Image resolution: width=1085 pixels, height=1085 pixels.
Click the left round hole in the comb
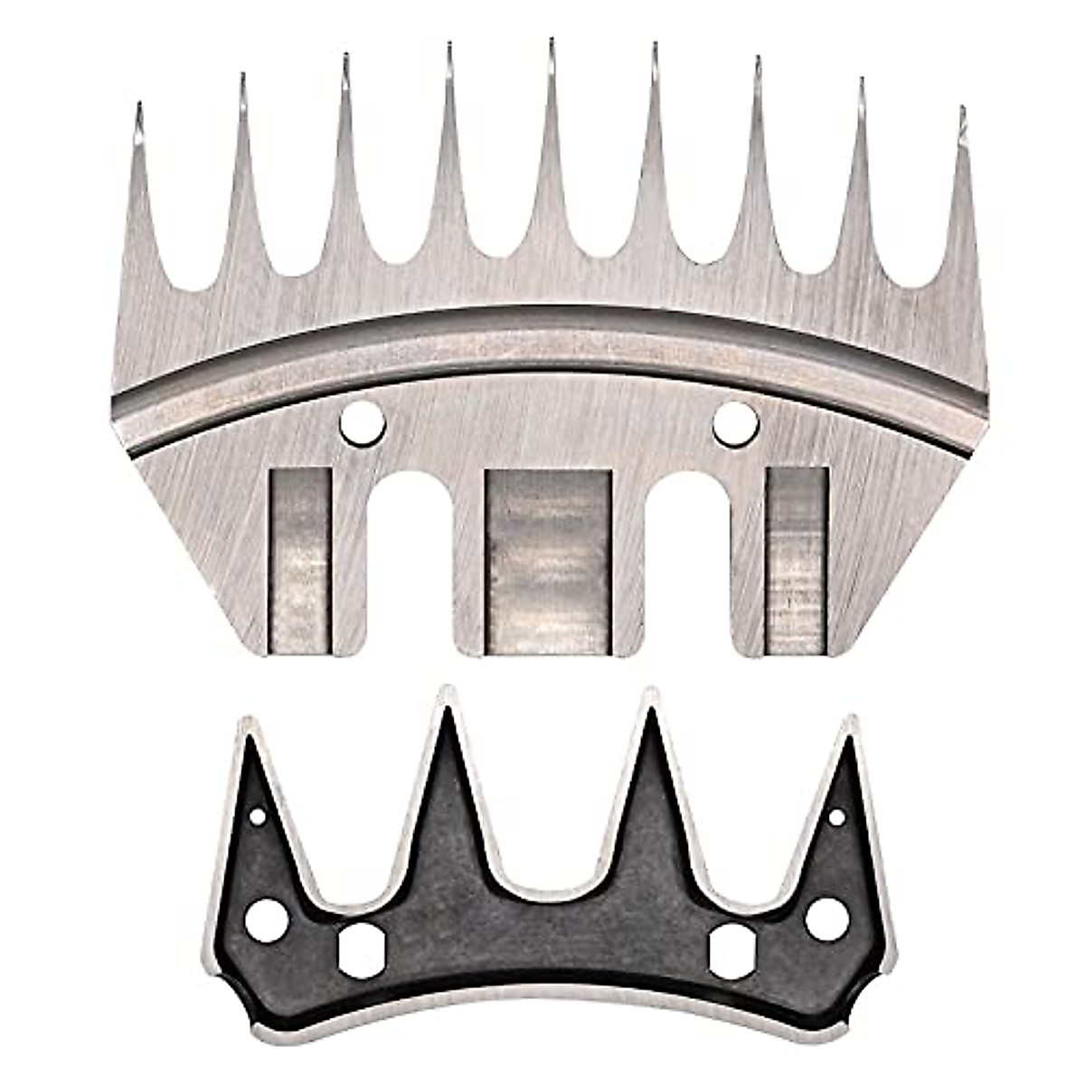[363, 421]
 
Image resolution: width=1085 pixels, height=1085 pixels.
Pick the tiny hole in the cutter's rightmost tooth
[836, 818]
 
